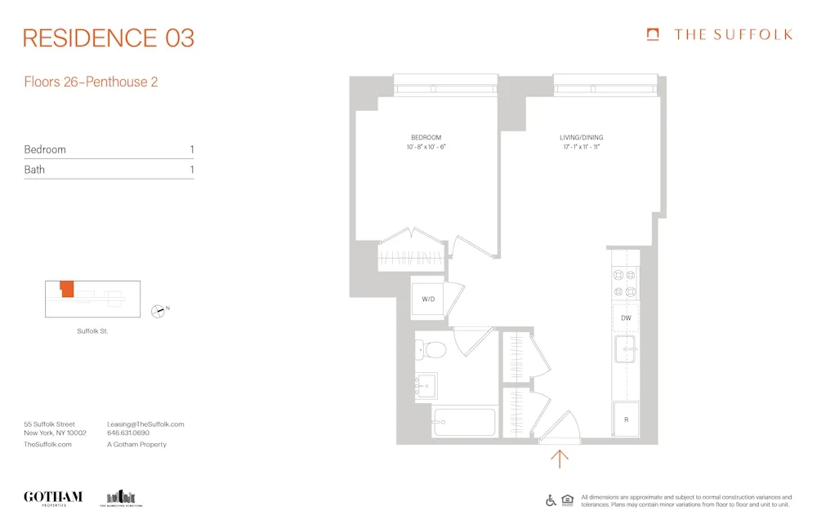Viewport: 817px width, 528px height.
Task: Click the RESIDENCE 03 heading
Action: (109, 38)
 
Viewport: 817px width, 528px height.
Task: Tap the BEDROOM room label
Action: (426, 137)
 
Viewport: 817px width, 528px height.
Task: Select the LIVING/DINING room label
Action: (582, 137)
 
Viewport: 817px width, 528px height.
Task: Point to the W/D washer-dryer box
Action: (428, 299)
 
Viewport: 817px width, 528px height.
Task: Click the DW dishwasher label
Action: (626, 317)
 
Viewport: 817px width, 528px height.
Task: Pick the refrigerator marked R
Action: (626, 419)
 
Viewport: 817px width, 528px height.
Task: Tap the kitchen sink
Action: (627, 348)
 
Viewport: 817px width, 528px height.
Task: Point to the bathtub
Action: (463, 422)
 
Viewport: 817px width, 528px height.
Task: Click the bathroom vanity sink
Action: (426, 385)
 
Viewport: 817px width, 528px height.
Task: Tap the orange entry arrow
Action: (560, 459)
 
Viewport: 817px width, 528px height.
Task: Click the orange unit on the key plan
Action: (66, 289)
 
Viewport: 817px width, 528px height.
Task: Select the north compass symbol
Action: (158, 310)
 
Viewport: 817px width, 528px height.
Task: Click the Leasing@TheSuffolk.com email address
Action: (145, 424)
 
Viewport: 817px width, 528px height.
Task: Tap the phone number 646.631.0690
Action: (128, 434)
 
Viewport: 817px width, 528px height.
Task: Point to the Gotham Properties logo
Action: (53, 498)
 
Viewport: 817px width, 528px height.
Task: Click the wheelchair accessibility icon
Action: (551, 500)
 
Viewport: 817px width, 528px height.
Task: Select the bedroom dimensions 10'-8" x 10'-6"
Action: (426, 148)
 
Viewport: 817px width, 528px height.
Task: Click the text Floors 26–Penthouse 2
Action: (91, 82)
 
